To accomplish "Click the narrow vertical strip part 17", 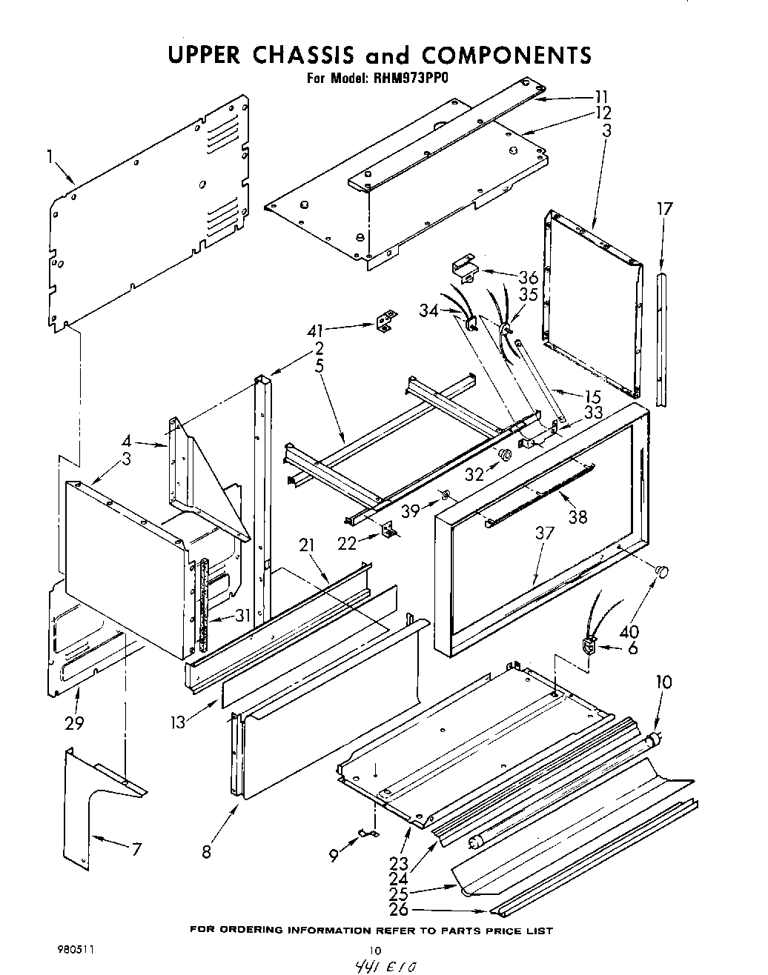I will click(661, 338).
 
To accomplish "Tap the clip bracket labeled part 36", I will click(465, 270).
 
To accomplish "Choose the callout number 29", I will click(74, 723).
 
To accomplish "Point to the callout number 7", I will click(136, 850).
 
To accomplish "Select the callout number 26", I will click(399, 910).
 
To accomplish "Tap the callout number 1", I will click(50, 156).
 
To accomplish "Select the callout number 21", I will click(307, 546).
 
